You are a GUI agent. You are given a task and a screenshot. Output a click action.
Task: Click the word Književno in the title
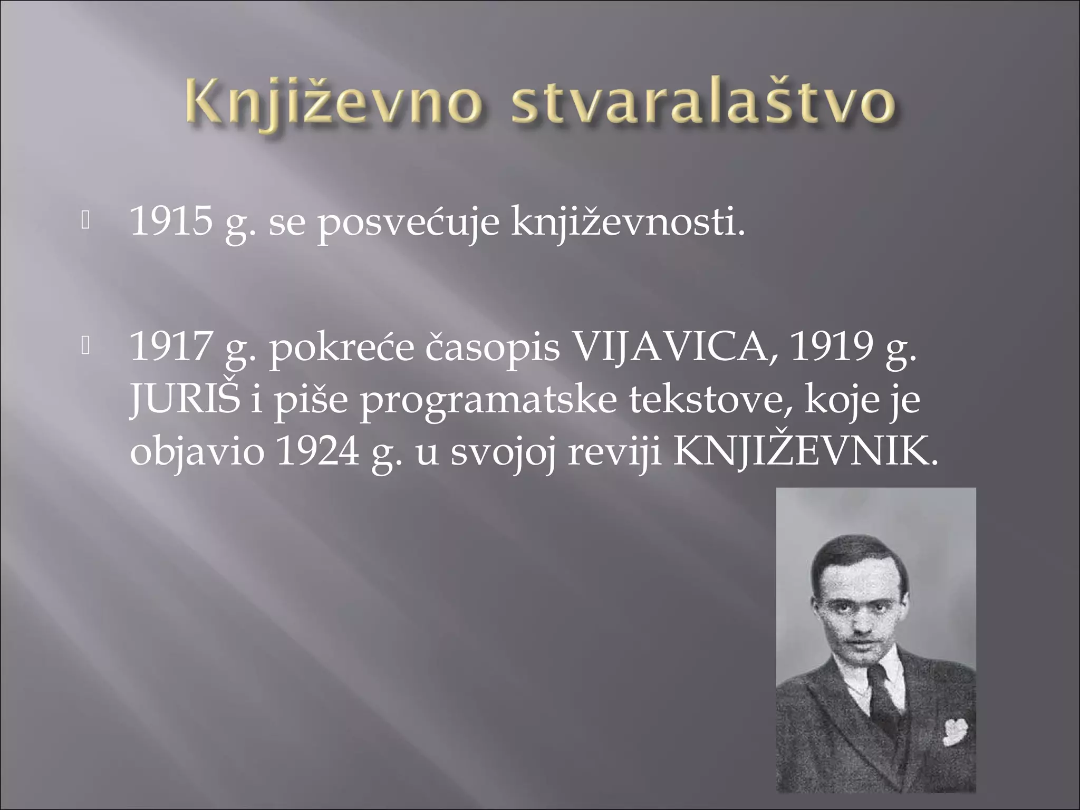click(x=334, y=105)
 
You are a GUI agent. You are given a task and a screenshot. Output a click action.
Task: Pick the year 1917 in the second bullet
click(x=171, y=348)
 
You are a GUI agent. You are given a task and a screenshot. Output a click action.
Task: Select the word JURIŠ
click(x=184, y=400)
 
